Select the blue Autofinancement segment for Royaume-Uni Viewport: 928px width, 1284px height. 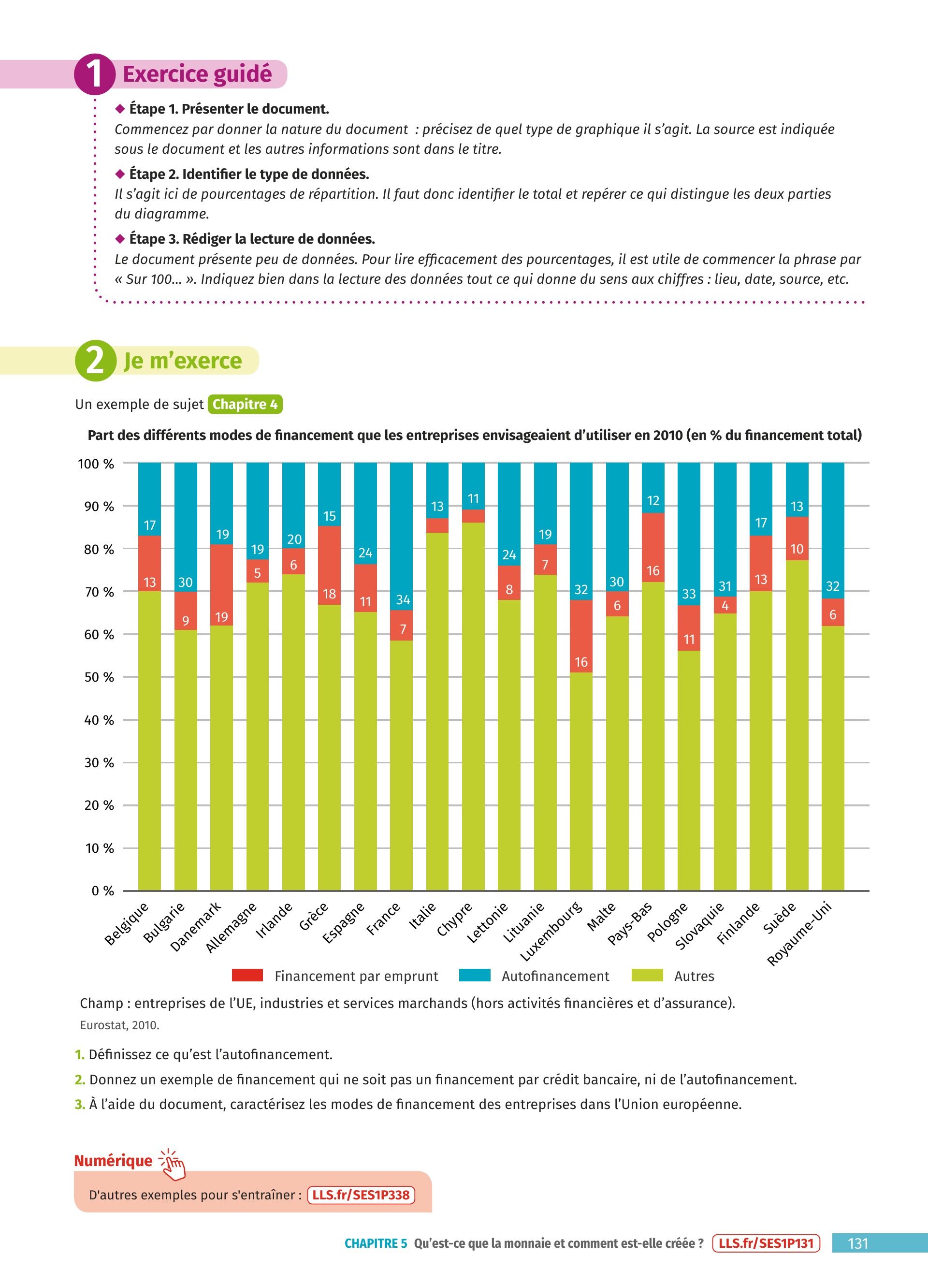[x=832, y=530]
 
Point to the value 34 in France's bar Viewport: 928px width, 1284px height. [x=403, y=599]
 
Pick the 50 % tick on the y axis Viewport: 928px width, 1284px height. [x=99, y=677]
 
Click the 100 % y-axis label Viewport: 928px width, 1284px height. [x=96, y=464]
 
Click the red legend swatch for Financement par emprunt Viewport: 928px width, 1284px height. [x=247, y=976]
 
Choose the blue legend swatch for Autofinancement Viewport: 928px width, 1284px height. [x=474, y=976]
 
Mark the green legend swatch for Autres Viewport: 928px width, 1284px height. [x=647, y=976]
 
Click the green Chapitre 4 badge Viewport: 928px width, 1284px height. [x=245, y=404]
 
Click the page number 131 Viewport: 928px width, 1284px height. [x=858, y=1244]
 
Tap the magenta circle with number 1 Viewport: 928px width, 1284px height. [x=95, y=74]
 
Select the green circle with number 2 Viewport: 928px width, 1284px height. [x=95, y=361]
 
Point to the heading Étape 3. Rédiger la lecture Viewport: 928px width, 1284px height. [x=252, y=239]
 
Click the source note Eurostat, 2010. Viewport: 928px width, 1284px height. [x=119, y=1025]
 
